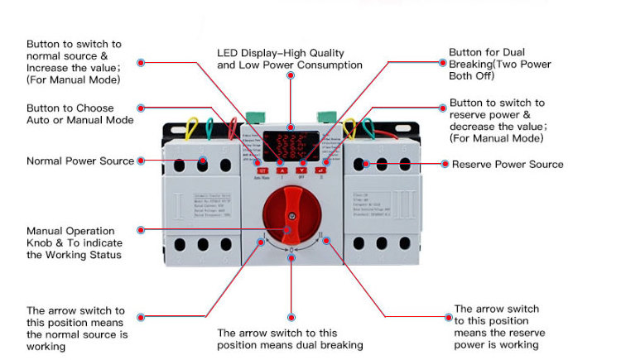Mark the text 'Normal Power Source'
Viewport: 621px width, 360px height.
(80, 161)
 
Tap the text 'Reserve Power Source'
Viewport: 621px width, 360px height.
(507, 164)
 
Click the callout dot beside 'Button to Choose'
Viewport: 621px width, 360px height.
(142, 108)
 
